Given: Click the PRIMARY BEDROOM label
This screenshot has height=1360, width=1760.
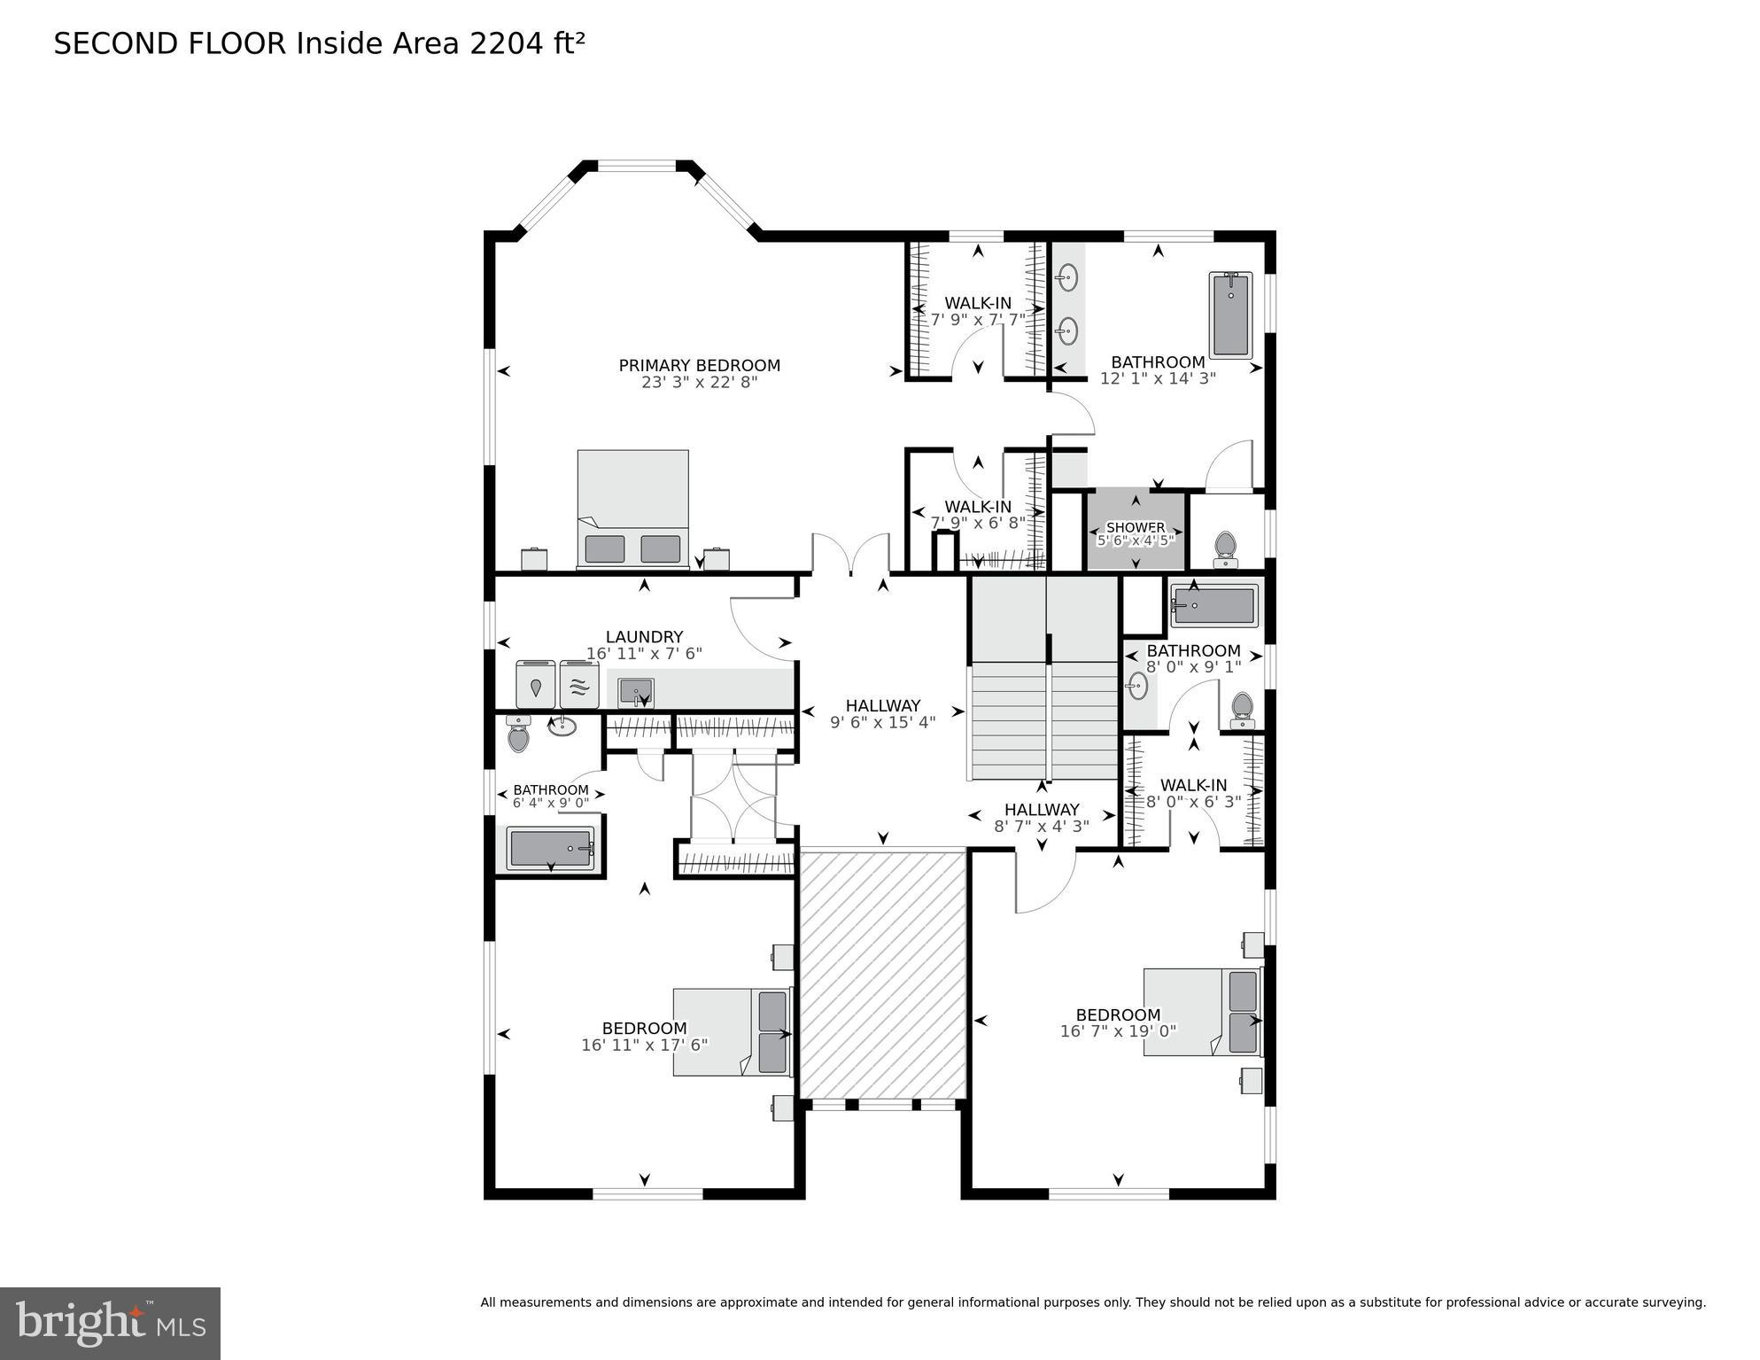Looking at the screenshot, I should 699,365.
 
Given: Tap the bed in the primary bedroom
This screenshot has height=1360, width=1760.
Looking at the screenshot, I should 632,509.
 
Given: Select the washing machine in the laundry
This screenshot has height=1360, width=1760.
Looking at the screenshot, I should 536,685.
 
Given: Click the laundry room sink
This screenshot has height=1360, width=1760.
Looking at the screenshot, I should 635,690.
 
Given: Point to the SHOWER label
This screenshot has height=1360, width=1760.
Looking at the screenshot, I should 1136,527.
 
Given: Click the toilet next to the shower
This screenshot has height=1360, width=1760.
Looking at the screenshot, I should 1225,548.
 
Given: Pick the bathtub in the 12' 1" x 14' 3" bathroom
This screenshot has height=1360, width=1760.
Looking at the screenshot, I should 1230,315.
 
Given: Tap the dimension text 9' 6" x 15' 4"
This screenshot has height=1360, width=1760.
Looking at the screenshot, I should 882,723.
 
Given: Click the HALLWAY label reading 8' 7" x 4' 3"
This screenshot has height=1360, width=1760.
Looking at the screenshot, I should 1042,809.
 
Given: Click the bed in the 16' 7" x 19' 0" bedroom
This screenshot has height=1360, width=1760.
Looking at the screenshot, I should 1201,1012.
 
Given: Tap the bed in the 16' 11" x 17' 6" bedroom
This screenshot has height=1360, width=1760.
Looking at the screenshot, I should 731,1032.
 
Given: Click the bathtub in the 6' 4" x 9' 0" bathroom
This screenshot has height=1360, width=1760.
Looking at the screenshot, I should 550,849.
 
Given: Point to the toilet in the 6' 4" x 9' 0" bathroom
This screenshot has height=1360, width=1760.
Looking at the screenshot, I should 518,734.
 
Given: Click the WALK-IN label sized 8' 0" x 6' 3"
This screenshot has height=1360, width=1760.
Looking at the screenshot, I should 1193,785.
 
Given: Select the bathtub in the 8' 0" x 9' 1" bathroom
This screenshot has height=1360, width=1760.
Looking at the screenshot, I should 1214,606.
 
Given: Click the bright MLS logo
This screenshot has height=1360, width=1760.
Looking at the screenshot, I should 110,1324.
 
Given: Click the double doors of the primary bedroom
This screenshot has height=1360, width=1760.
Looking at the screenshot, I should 850,555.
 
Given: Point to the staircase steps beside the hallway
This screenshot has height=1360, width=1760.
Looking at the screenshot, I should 1045,720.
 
